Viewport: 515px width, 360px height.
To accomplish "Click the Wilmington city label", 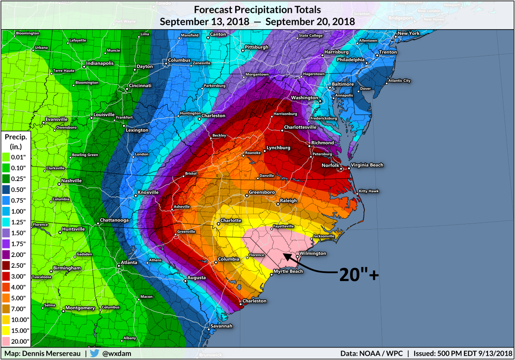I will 313,254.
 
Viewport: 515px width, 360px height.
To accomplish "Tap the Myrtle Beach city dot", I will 271,273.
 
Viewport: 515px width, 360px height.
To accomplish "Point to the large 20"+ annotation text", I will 359,275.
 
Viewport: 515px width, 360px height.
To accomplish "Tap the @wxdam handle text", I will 117,354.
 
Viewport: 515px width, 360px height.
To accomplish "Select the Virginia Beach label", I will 367,165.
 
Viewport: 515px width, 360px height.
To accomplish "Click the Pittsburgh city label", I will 257,47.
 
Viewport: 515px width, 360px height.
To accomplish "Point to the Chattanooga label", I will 115,220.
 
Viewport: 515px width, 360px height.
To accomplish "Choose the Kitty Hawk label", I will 369,191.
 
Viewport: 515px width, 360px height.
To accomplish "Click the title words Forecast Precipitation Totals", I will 257,9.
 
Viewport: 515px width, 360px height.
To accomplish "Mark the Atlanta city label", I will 129,262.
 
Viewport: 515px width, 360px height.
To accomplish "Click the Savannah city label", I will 221,326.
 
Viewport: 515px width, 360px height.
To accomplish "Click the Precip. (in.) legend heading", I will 16,141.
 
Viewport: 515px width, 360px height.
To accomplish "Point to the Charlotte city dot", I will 218,223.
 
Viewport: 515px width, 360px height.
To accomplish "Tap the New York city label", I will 408,33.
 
